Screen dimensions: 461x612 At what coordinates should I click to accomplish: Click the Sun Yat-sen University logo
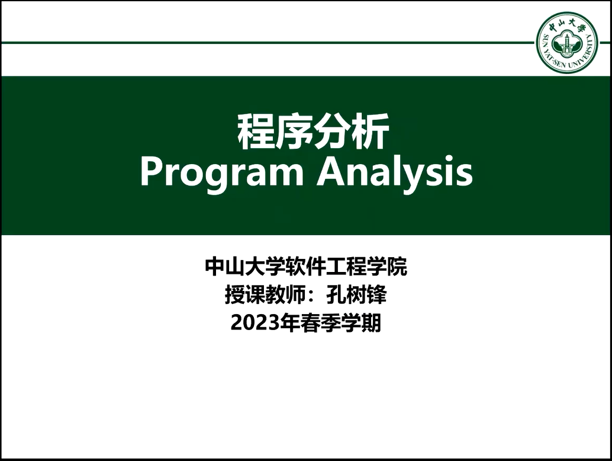coord(567,43)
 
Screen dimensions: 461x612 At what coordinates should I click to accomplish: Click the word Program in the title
coord(221,172)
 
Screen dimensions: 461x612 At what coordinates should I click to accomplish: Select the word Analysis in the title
coord(395,172)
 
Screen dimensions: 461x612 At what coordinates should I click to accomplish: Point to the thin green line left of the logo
coord(266,43)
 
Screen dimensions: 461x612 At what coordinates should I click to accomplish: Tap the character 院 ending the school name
coord(397,267)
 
